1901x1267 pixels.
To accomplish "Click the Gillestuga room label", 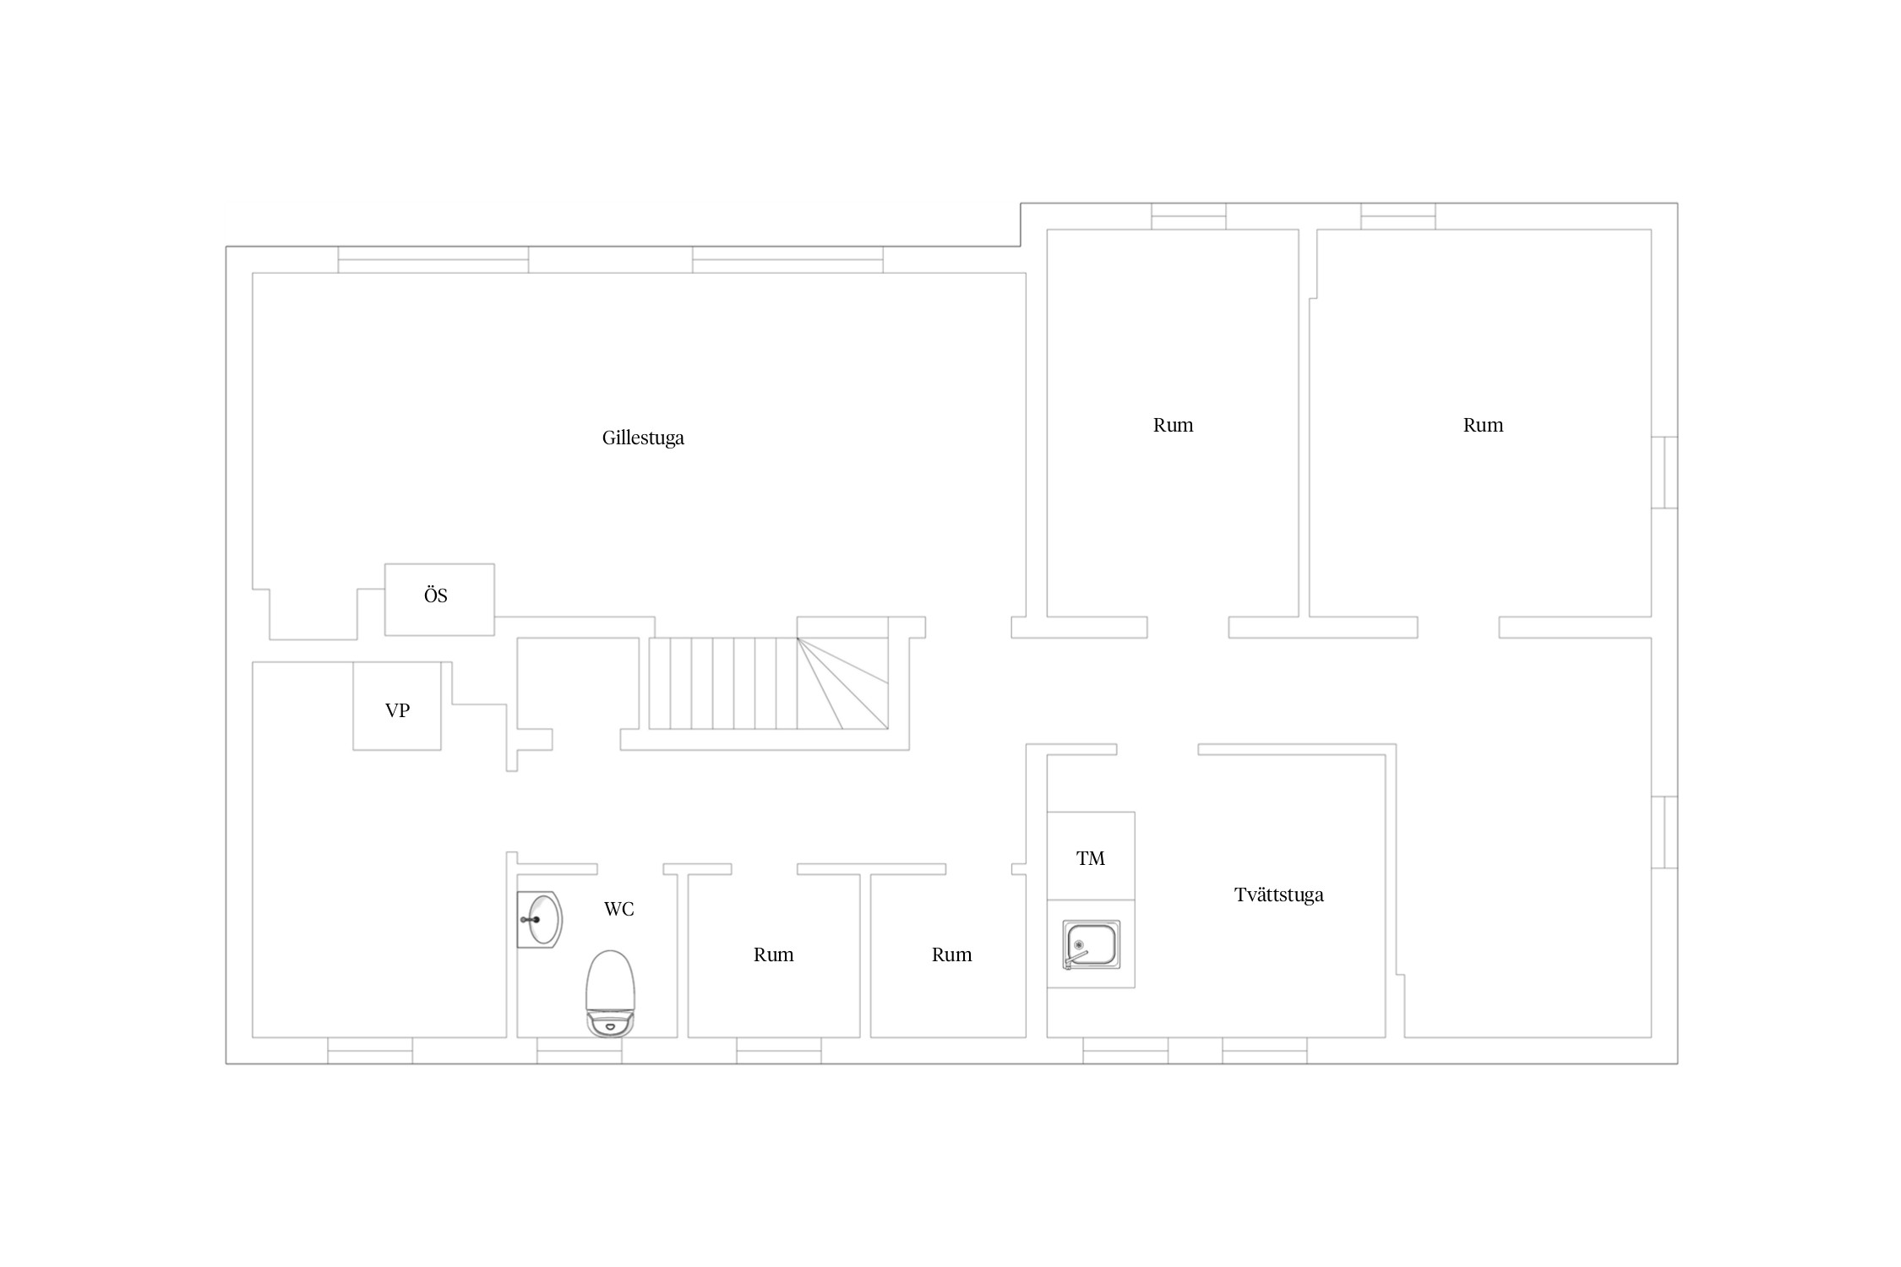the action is [x=643, y=438].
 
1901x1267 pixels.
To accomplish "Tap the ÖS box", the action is [x=439, y=600].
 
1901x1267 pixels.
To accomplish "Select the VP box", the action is [x=397, y=706].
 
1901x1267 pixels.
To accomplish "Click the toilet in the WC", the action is [x=610, y=993].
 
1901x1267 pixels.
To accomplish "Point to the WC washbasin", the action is [x=540, y=919].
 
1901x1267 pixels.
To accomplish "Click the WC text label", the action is [x=618, y=909].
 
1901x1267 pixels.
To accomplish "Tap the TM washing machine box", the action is [x=1091, y=856].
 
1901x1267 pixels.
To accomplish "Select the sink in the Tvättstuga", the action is [x=1091, y=945].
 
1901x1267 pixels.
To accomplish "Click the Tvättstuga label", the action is [x=1278, y=895].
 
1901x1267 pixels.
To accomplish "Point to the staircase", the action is [x=768, y=683].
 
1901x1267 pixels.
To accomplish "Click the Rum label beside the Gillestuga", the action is [x=1173, y=425].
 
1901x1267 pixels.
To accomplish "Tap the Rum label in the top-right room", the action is [x=1483, y=425].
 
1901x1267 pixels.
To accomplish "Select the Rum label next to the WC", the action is [x=773, y=954].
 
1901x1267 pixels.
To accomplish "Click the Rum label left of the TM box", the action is [x=951, y=954].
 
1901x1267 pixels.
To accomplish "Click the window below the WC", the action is [x=580, y=1051].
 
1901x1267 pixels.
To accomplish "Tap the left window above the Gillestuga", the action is [x=433, y=259].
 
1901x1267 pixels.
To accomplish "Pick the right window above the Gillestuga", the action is [x=787, y=259].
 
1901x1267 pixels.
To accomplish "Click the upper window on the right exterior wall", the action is [x=1664, y=472].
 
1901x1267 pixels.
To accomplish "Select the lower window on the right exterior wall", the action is [x=1664, y=832].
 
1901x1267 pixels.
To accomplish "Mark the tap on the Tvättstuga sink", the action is [x=1074, y=957].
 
